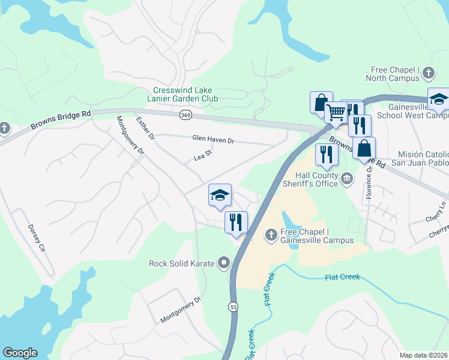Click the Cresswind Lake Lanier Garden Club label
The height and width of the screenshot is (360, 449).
click(183, 94)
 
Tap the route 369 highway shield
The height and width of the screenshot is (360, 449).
click(185, 114)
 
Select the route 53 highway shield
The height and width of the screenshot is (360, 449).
click(232, 307)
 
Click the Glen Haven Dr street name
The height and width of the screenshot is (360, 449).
click(213, 140)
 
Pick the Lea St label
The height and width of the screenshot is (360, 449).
click(203, 156)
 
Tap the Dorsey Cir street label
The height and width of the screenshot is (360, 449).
click(37, 239)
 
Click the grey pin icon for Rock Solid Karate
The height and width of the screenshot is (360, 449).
click(224, 262)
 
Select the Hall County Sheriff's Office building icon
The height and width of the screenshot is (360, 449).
click(347, 178)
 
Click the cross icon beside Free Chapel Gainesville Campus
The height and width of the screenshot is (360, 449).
click(271, 233)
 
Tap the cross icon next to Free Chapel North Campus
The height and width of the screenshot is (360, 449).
click(428, 73)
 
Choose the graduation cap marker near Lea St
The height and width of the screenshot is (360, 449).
click(220, 195)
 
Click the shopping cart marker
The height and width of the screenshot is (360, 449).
click(336, 112)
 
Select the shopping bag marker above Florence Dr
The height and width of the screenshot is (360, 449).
click(364, 148)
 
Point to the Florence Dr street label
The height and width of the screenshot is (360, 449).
click(369, 179)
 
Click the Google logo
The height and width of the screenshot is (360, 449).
click(20, 353)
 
